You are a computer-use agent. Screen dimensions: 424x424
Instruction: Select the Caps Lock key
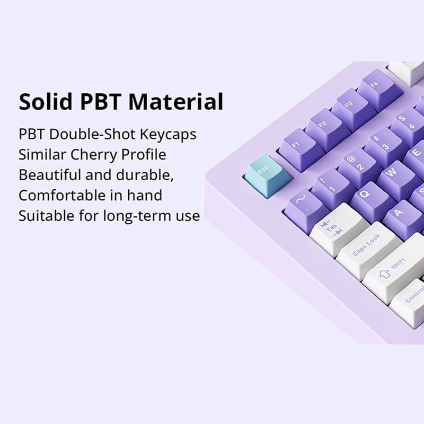(367, 249)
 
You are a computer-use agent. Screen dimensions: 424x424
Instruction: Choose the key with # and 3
(383, 143)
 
